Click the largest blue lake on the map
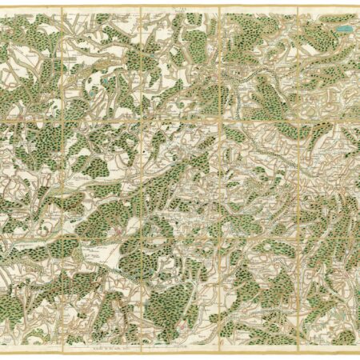[x=343, y=30]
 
